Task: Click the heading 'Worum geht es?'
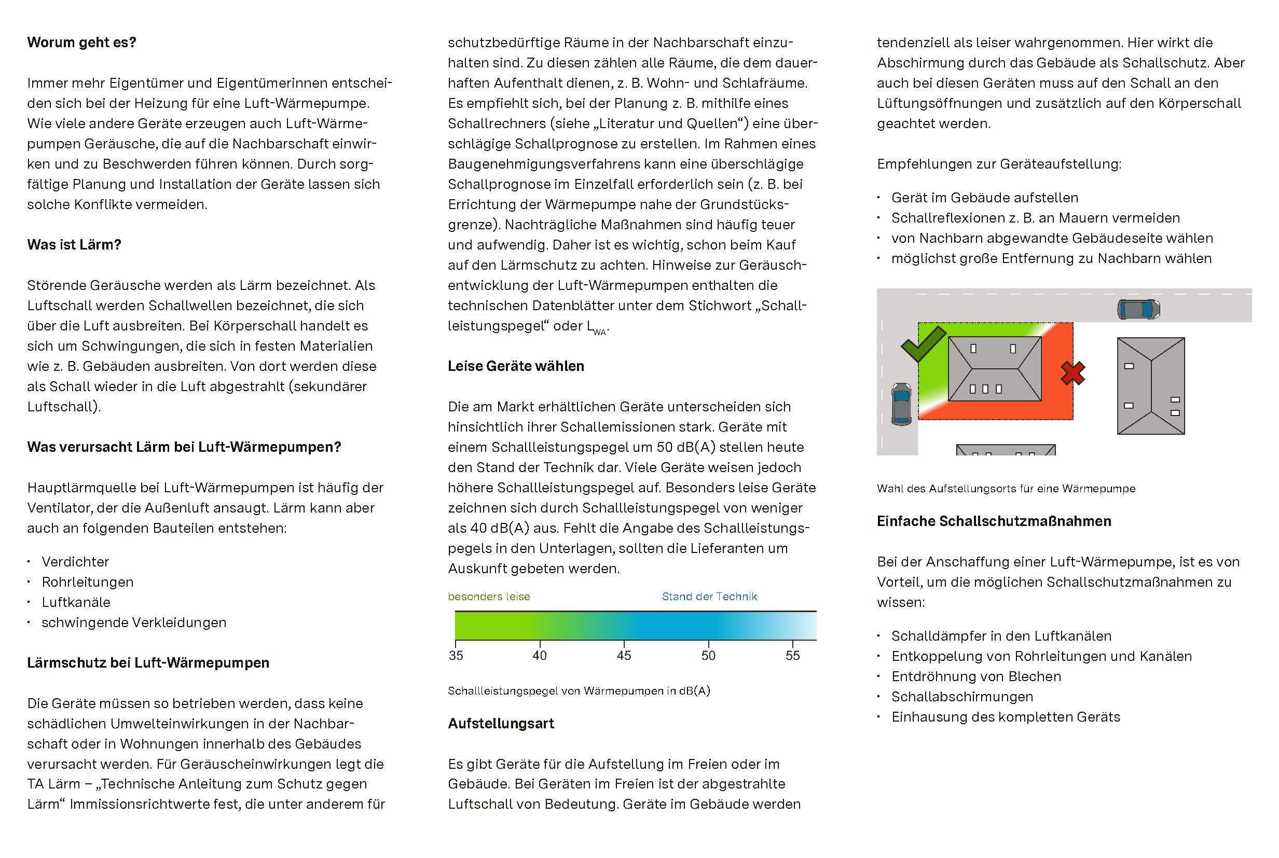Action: click(x=81, y=42)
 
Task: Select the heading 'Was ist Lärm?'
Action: click(x=74, y=245)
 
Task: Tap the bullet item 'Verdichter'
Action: click(x=75, y=561)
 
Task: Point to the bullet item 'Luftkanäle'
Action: click(x=76, y=602)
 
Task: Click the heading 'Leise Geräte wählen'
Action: click(x=516, y=366)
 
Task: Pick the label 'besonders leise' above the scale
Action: click(x=489, y=597)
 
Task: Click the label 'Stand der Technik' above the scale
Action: click(x=709, y=597)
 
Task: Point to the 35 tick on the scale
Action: click(x=456, y=655)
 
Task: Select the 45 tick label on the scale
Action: click(x=624, y=655)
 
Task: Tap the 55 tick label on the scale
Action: click(x=792, y=655)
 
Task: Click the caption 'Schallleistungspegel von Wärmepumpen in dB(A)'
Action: click(x=579, y=690)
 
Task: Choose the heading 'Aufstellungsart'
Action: click(x=501, y=724)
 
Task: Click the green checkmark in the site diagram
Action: click(x=923, y=343)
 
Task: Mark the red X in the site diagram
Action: click(x=1072, y=373)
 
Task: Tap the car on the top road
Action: click(x=1138, y=309)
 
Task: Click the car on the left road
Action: click(x=901, y=404)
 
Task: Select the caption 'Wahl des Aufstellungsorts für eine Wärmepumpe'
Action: click(x=1006, y=489)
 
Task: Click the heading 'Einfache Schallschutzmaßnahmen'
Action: click(x=994, y=521)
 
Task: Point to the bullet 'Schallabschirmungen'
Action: click(x=962, y=697)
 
